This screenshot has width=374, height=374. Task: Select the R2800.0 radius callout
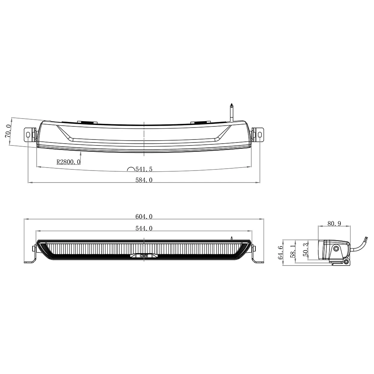68,162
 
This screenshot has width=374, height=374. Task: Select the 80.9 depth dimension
334,224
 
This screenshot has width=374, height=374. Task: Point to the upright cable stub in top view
232,112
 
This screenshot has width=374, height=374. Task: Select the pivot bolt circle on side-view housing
337,249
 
